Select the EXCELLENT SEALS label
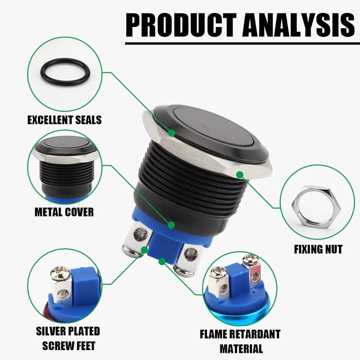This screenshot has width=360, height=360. pyautogui.click(x=64, y=120)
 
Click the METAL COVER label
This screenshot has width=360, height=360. pyautogui.click(x=64, y=212)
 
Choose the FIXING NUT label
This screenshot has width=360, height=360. pyautogui.click(x=318, y=249)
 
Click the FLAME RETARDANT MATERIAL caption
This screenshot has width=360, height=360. pyautogui.click(x=241, y=341)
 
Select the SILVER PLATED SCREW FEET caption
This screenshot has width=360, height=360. pyautogui.click(x=67, y=339)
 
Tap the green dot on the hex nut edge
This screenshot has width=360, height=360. pyautogui.click(x=239, y=174)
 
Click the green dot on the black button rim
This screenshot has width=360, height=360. pyautogui.click(x=172, y=133)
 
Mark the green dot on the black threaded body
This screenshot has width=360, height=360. pyautogui.click(x=171, y=224)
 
